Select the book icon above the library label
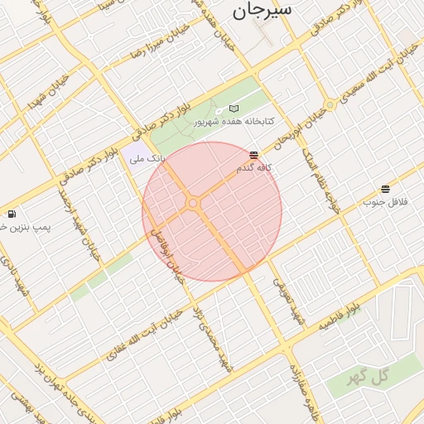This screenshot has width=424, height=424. pyautogui.click(x=234, y=108)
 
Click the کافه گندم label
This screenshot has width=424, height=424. pyautogui.click(x=255, y=168)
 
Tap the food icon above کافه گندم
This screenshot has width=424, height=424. pyautogui.click(x=253, y=155)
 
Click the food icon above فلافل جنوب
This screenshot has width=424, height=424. pyautogui.click(x=385, y=189)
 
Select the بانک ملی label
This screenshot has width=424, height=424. pyautogui.click(x=150, y=157)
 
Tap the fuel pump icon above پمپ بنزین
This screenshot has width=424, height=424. pyautogui.click(x=12, y=214)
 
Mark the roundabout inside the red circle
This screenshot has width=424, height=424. pyautogui.click(x=193, y=203)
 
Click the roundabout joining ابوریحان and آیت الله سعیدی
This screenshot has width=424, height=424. pyautogui.click(x=330, y=105)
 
